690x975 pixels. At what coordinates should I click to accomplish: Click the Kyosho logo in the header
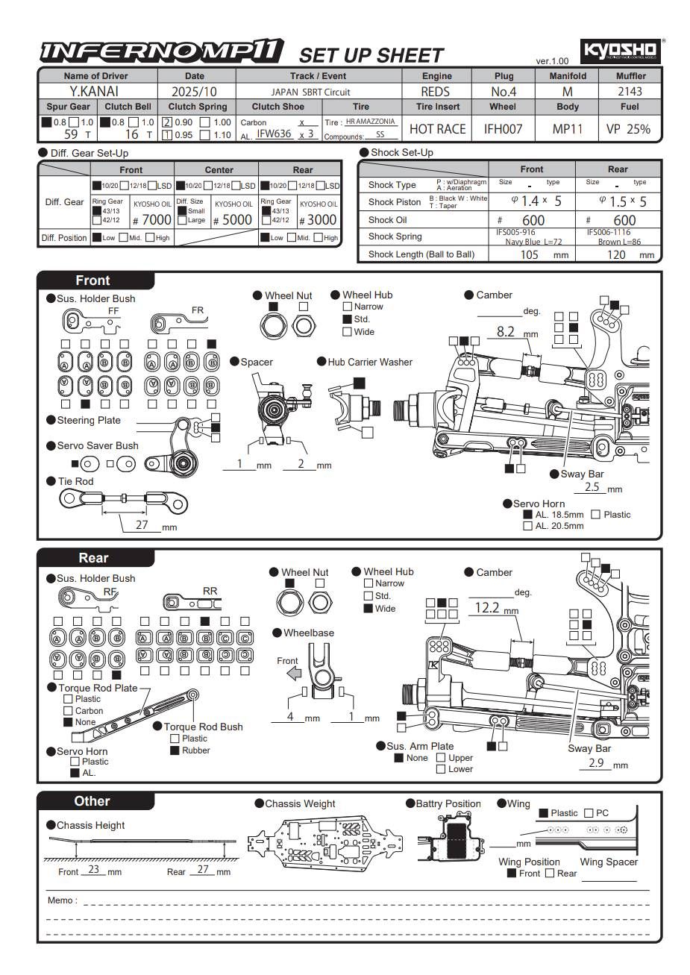pyautogui.click(x=620, y=50)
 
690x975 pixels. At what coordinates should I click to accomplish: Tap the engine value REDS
pyautogui.click(x=436, y=91)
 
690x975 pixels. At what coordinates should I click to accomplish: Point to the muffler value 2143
pyautogui.click(x=630, y=91)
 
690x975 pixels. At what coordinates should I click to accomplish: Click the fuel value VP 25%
pyautogui.click(x=628, y=128)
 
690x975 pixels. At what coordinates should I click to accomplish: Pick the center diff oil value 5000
pyautogui.click(x=236, y=219)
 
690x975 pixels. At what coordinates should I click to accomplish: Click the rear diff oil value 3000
pyautogui.click(x=321, y=219)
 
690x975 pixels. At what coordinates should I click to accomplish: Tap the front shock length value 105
pyautogui.click(x=529, y=254)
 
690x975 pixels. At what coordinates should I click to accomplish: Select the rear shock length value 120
pyautogui.click(x=616, y=254)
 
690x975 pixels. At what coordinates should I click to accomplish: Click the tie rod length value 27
pyautogui.click(x=142, y=524)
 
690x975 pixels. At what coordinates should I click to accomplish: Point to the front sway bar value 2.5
pyautogui.click(x=592, y=487)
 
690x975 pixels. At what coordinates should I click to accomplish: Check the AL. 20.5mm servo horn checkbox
pyautogui.click(x=527, y=526)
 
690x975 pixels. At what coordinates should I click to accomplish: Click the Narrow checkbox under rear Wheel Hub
pyautogui.click(x=368, y=583)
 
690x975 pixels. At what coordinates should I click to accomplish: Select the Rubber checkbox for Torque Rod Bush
pyautogui.click(x=175, y=750)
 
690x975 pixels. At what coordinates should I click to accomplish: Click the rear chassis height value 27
pyautogui.click(x=202, y=869)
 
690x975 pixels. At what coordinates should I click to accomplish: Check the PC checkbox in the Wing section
pyautogui.click(x=589, y=813)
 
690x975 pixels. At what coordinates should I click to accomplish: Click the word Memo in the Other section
pyautogui.click(x=60, y=900)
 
